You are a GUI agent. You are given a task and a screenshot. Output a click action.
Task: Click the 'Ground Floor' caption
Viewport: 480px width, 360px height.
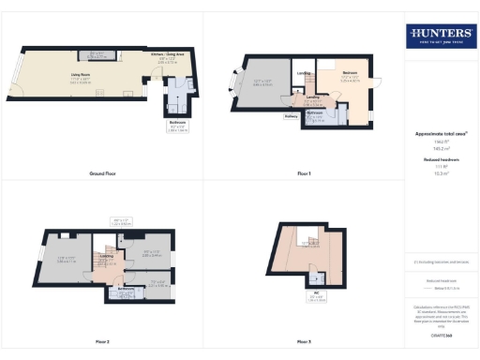coord(101,173)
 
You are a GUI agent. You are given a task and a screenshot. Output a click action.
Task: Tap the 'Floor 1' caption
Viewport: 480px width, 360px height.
coord(304,173)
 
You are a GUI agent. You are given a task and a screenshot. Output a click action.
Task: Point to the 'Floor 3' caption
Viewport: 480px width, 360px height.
coord(304,341)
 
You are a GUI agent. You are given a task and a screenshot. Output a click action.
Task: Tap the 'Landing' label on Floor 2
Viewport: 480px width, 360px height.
coord(107,254)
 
